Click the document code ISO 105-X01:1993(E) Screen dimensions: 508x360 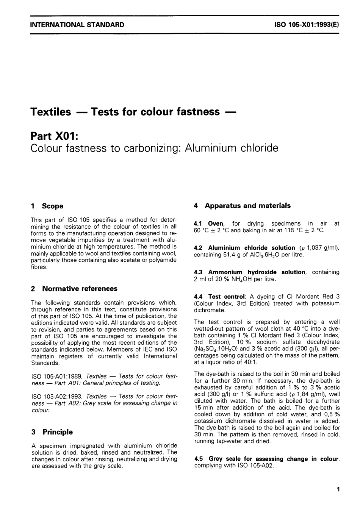pyautogui.click(x=306, y=25)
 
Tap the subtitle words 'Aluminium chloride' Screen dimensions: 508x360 pyautogui.click(x=231, y=148)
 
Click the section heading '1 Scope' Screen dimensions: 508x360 pyautogui.click(x=47, y=206)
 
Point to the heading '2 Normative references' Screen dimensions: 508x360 pyautogui.click(x=74, y=289)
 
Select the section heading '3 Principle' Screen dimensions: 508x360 pyautogui.click(x=52, y=432)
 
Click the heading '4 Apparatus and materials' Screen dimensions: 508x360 pyautogui.click(x=242, y=206)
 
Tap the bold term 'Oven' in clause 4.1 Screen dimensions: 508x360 pyautogui.click(x=216, y=224)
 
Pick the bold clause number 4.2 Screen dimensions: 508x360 pyautogui.click(x=199, y=248)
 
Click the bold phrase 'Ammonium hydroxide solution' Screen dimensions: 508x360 pyautogui.click(x=257, y=272)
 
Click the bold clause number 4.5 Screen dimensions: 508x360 pyautogui.click(x=199, y=459)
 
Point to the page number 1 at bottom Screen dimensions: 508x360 pyautogui.click(x=338, y=489)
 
